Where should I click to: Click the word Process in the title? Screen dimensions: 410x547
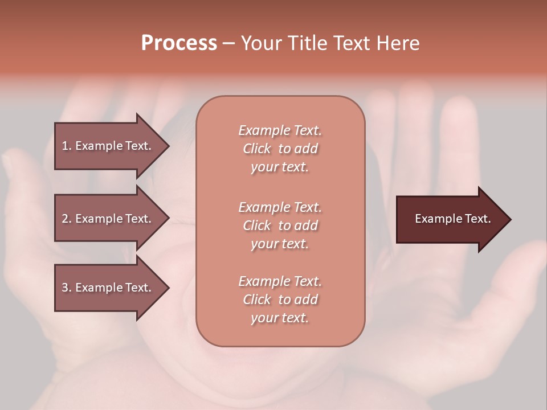(179, 43)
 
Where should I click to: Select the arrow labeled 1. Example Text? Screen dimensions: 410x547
(108, 146)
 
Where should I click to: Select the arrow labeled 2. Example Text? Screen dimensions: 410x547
(108, 219)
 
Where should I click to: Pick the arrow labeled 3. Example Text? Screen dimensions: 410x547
(108, 288)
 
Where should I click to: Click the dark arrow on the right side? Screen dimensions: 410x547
(450, 219)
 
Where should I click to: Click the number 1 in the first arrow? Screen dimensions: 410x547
(65, 146)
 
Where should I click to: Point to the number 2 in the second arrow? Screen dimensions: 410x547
(65, 219)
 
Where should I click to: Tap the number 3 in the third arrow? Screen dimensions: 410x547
(65, 288)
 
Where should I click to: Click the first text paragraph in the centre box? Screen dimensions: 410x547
(280, 149)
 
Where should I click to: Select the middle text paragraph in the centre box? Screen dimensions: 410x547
(280, 225)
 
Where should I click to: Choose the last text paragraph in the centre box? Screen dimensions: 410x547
(280, 300)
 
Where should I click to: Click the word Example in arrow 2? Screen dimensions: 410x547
(99, 219)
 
